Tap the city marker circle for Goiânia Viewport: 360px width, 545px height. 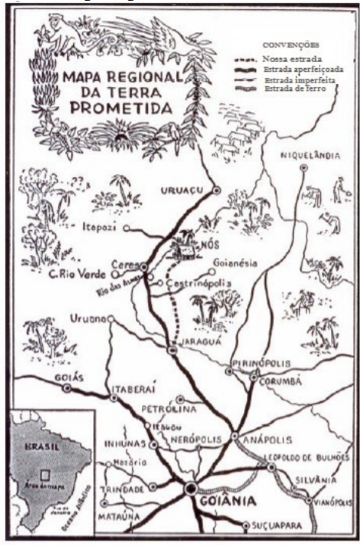pyautogui.click(x=190, y=488)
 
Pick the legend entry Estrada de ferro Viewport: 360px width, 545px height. pyautogui.click(x=293, y=90)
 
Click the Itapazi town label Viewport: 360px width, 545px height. pyautogui.click(x=101, y=227)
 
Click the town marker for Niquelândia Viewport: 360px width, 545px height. pyautogui.click(x=304, y=167)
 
